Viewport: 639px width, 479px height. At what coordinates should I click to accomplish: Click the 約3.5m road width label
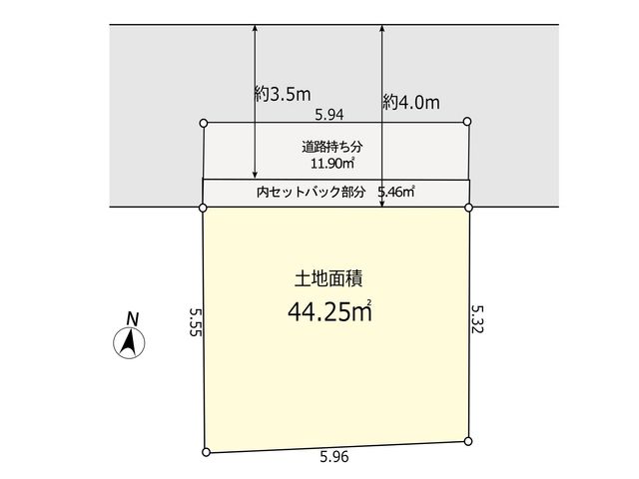pyautogui.click(x=283, y=95)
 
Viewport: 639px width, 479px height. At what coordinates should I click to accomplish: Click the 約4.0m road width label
pyautogui.click(x=411, y=102)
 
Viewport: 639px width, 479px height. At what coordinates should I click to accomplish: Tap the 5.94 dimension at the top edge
pyautogui.click(x=329, y=115)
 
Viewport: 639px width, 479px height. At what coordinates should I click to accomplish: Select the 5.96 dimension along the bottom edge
pyautogui.click(x=334, y=457)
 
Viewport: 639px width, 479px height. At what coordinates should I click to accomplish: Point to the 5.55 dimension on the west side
pyautogui.click(x=196, y=321)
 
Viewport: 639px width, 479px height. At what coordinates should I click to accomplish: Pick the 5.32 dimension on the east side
pyautogui.click(x=477, y=319)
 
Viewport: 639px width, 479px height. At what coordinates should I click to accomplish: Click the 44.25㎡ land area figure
pyautogui.click(x=329, y=312)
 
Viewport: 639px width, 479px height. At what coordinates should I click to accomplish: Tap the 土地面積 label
pyautogui.click(x=328, y=279)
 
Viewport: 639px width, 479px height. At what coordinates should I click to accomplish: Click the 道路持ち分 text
pyautogui.click(x=332, y=147)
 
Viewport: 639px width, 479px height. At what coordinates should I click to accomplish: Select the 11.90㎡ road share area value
pyautogui.click(x=332, y=164)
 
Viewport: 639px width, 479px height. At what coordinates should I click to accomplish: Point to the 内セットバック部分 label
pyautogui.click(x=311, y=192)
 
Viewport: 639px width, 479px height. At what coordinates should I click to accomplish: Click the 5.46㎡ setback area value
pyautogui.click(x=396, y=192)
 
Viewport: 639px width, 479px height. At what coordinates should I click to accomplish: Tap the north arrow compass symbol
pyautogui.click(x=129, y=343)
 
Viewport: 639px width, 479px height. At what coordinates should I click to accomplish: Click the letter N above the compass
pyautogui.click(x=132, y=318)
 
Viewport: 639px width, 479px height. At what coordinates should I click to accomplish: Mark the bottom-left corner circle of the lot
pyautogui.click(x=207, y=452)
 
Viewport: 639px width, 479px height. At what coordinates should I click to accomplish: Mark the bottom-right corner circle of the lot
pyautogui.click(x=468, y=441)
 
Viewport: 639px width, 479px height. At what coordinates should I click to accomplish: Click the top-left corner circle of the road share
pyautogui.click(x=204, y=123)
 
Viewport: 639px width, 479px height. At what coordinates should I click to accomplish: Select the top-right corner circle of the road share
pyautogui.click(x=467, y=122)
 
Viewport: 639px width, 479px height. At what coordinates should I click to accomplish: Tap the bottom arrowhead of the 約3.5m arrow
pyautogui.click(x=256, y=176)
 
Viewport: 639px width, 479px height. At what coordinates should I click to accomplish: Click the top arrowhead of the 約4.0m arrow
pyautogui.click(x=381, y=29)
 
